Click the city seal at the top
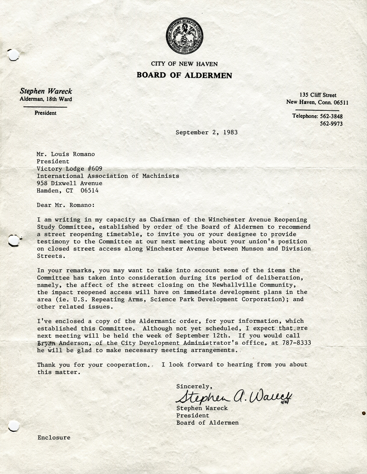(x=184, y=36)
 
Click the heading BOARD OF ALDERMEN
(x=184, y=75)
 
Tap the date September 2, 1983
(x=206, y=132)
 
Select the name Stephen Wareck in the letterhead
(x=46, y=91)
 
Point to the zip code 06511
(x=341, y=102)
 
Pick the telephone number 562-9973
(x=331, y=124)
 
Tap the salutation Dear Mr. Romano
(x=66, y=205)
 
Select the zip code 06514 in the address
(x=90, y=191)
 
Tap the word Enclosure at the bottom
(x=54, y=437)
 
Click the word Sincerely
(x=194, y=386)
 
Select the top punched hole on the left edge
(x=13, y=55)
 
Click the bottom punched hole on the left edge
(x=13, y=426)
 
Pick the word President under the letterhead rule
(x=46, y=113)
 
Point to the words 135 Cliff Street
(x=318, y=95)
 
